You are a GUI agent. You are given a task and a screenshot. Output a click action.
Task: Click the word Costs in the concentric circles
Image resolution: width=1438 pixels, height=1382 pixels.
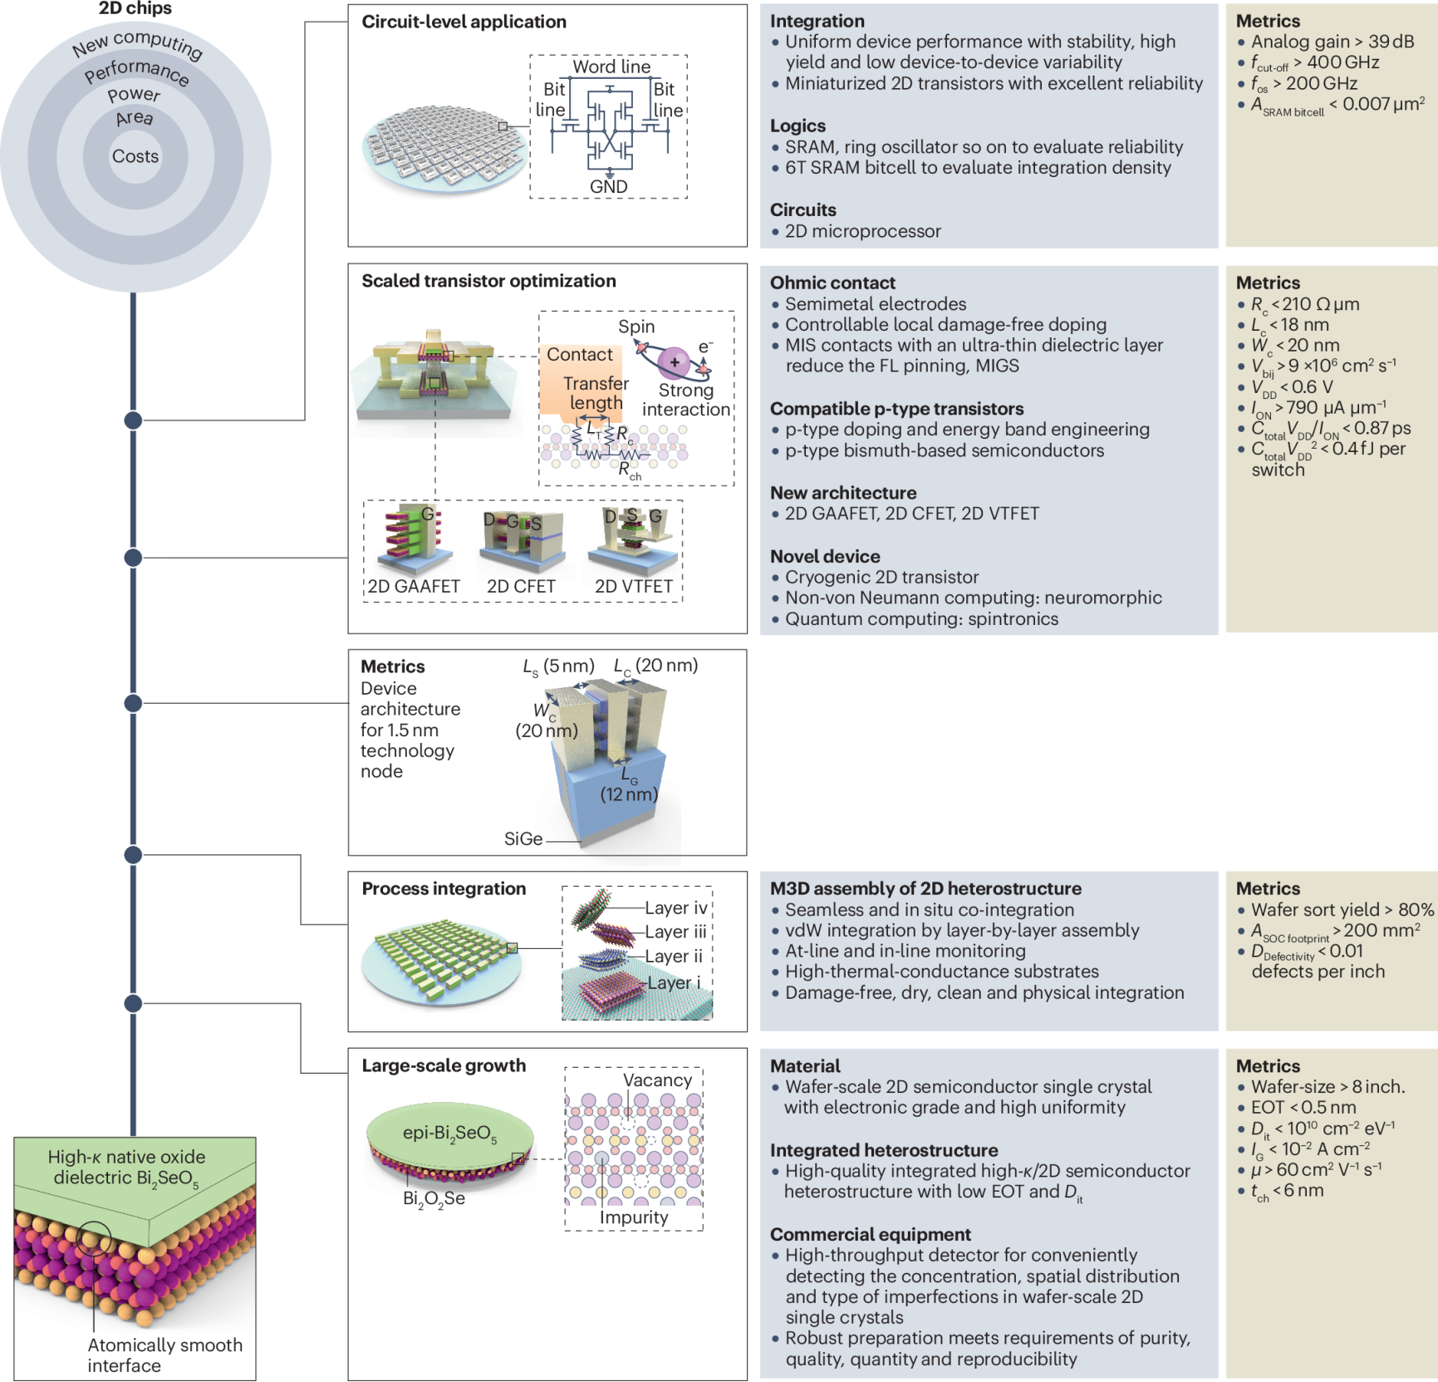point(135,156)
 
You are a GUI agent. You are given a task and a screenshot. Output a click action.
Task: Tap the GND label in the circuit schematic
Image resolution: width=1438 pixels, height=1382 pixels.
point(608,187)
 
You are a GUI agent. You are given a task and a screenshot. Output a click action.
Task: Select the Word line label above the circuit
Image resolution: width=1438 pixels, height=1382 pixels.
point(611,66)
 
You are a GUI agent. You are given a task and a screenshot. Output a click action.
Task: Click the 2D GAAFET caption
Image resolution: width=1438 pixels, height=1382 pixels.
point(414,587)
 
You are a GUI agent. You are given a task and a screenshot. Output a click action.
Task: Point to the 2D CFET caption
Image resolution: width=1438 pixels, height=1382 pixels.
point(521,587)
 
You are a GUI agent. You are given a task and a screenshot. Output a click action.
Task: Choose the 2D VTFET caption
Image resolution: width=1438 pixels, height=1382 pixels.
point(633,587)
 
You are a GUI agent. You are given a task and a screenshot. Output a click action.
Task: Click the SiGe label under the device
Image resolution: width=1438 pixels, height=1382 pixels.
point(523,839)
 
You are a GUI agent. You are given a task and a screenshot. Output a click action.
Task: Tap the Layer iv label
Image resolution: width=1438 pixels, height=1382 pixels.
point(675,908)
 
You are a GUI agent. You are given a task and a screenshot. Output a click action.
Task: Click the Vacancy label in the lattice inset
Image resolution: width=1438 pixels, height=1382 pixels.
point(657,1080)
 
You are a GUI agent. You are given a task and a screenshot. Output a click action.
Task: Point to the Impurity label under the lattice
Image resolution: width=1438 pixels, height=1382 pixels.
point(634,1217)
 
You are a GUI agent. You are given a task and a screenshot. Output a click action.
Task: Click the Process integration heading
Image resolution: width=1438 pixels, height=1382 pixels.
point(444,888)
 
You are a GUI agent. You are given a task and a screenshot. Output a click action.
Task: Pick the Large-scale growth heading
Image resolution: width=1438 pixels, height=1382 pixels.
point(444,1065)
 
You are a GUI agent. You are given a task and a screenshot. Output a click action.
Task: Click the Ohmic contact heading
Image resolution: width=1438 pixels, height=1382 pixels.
point(832,283)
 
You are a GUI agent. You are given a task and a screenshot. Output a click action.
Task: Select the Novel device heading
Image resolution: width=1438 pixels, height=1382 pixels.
point(825,556)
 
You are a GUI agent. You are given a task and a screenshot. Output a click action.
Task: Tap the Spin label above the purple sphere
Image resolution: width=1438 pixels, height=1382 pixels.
point(636,327)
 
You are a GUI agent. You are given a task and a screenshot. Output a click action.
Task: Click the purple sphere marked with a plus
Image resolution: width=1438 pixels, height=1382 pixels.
point(674,362)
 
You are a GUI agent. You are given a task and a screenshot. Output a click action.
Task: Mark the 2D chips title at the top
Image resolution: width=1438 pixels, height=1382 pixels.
point(135,8)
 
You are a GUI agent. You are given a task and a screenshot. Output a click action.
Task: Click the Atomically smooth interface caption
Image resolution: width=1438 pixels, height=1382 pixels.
point(164,1355)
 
